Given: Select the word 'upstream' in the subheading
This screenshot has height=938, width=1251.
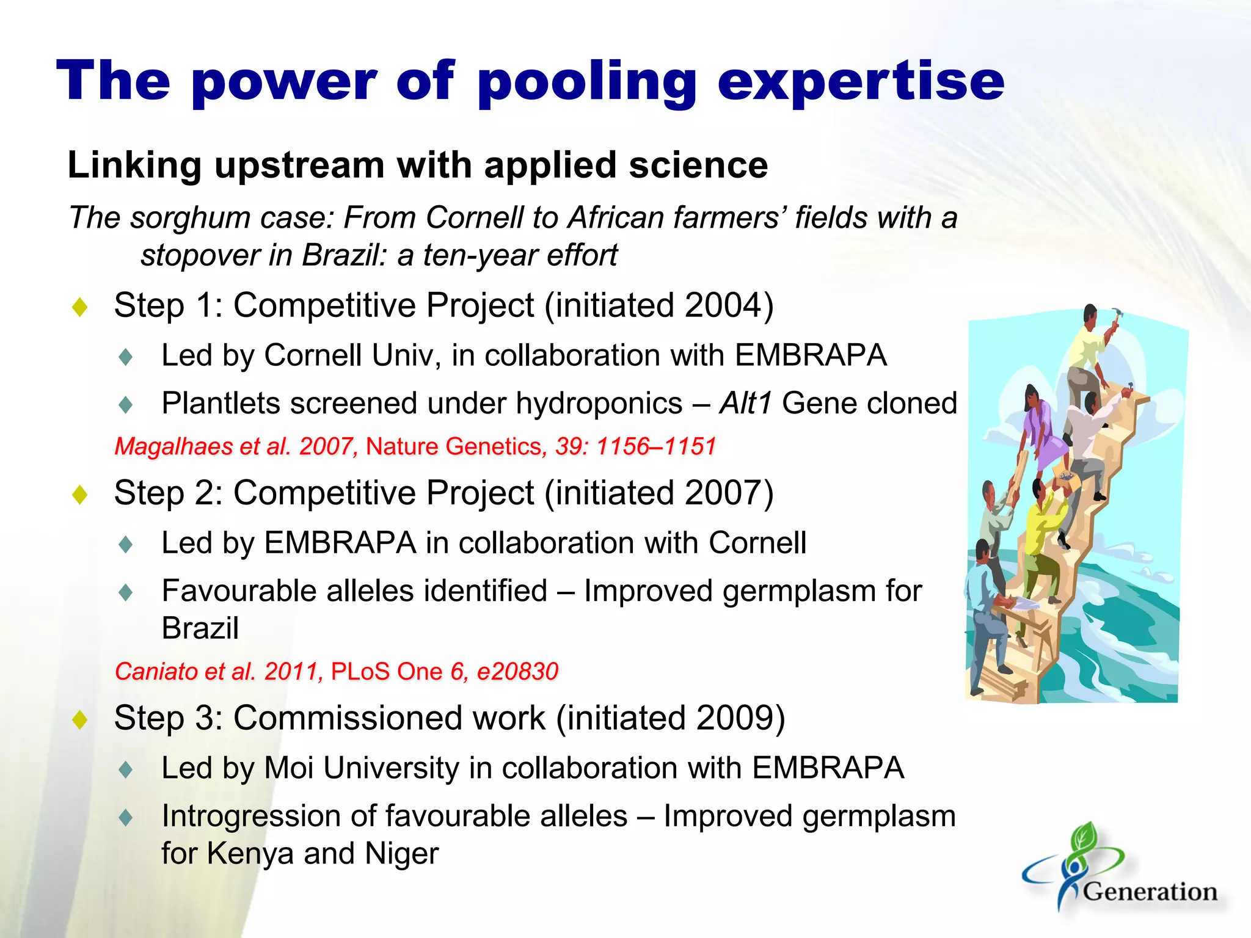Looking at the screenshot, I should (300, 166).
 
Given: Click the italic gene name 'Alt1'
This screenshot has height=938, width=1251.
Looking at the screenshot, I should (745, 404).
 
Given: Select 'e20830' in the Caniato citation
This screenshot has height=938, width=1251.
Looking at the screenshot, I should (517, 672).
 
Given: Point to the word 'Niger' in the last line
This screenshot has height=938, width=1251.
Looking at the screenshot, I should (401, 854).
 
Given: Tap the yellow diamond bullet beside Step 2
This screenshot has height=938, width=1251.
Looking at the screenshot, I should (80, 494).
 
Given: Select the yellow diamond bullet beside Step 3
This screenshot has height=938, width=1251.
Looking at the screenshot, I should (80, 719).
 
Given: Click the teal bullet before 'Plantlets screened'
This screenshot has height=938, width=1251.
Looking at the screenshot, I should (126, 405).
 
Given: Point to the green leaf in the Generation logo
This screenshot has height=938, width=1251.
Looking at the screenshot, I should (1084, 837).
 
